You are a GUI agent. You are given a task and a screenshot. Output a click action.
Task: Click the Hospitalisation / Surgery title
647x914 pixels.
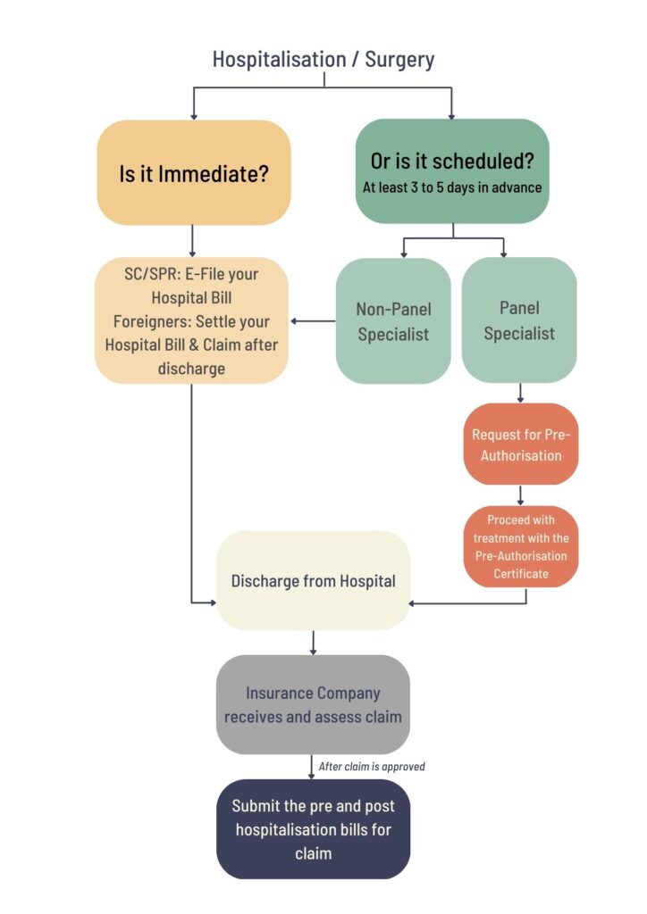point(323,60)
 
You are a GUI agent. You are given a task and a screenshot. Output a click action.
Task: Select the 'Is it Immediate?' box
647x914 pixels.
point(194,172)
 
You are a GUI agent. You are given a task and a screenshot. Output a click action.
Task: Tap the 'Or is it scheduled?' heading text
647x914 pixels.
point(452,161)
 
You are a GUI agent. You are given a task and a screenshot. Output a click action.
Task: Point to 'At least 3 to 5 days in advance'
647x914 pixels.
point(452,187)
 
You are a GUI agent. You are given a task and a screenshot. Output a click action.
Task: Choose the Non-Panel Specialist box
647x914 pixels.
point(393,320)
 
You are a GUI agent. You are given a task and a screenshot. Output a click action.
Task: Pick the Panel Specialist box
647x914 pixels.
point(519,320)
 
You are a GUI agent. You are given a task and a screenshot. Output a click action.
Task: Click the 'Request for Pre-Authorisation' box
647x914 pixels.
point(521,445)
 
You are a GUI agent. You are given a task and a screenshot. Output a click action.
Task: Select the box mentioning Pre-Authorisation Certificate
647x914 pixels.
point(521,547)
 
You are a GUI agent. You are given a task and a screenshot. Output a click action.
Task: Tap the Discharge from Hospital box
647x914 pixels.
point(314,580)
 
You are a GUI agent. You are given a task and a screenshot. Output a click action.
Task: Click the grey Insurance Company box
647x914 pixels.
point(313,705)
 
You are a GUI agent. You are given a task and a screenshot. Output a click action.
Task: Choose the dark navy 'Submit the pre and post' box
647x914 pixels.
point(314,829)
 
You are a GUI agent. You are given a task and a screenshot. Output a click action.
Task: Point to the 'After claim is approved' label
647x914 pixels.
point(372,767)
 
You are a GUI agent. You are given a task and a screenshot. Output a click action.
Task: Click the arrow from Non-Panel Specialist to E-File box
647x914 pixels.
point(314,321)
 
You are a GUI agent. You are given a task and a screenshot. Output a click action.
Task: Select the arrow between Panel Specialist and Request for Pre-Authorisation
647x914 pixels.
point(520,393)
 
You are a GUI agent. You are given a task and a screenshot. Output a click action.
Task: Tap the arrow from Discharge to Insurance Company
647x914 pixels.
point(314,643)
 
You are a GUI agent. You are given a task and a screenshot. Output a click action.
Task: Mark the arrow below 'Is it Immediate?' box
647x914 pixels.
point(192,241)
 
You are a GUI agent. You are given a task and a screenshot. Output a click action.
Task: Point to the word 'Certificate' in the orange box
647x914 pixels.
point(521,574)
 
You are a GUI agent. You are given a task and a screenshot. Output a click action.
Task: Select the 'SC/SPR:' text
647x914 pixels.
point(152,274)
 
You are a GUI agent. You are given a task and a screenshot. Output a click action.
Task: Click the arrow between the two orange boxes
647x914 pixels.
point(520,495)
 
